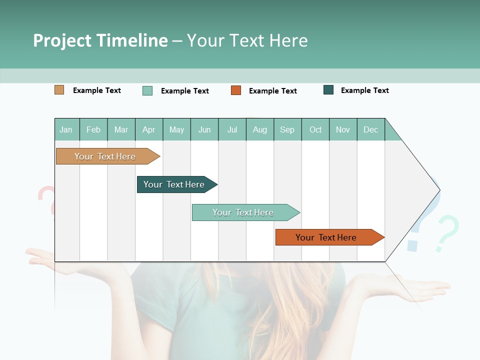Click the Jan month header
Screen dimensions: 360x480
[66, 130]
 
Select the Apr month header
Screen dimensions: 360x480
[149, 130]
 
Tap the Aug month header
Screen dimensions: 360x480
[260, 130]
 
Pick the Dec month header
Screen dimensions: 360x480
[371, 130]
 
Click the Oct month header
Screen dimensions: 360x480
[315, 130]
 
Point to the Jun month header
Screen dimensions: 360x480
[204, 130]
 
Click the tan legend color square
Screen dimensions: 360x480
[59, 90]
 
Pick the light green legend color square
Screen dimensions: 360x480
[147, 90]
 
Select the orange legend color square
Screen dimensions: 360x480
[236, 90]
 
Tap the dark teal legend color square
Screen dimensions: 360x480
[328, 90]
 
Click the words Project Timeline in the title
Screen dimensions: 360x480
[100, 40]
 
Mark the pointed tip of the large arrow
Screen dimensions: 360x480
[439, 190]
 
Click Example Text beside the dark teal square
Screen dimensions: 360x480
[364, 90]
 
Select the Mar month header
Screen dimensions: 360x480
[121, 130]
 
